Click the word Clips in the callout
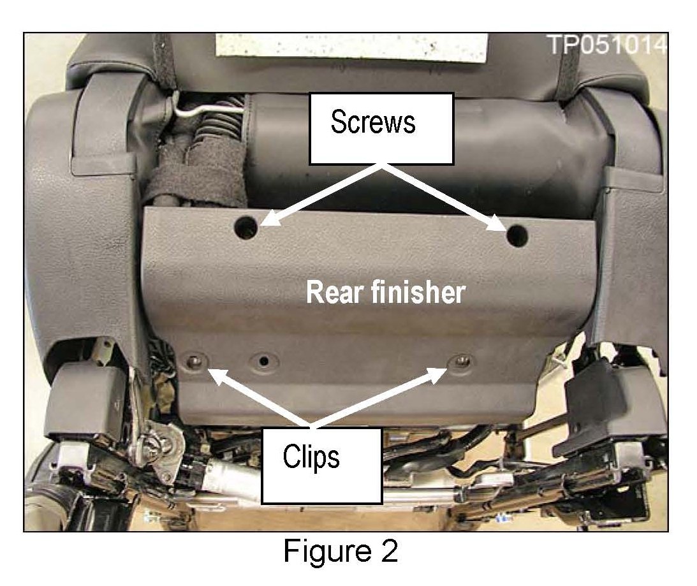[311, 456]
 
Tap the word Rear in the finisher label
[332, 293]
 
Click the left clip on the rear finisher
[193, 362]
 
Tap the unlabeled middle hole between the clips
[263, 362]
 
